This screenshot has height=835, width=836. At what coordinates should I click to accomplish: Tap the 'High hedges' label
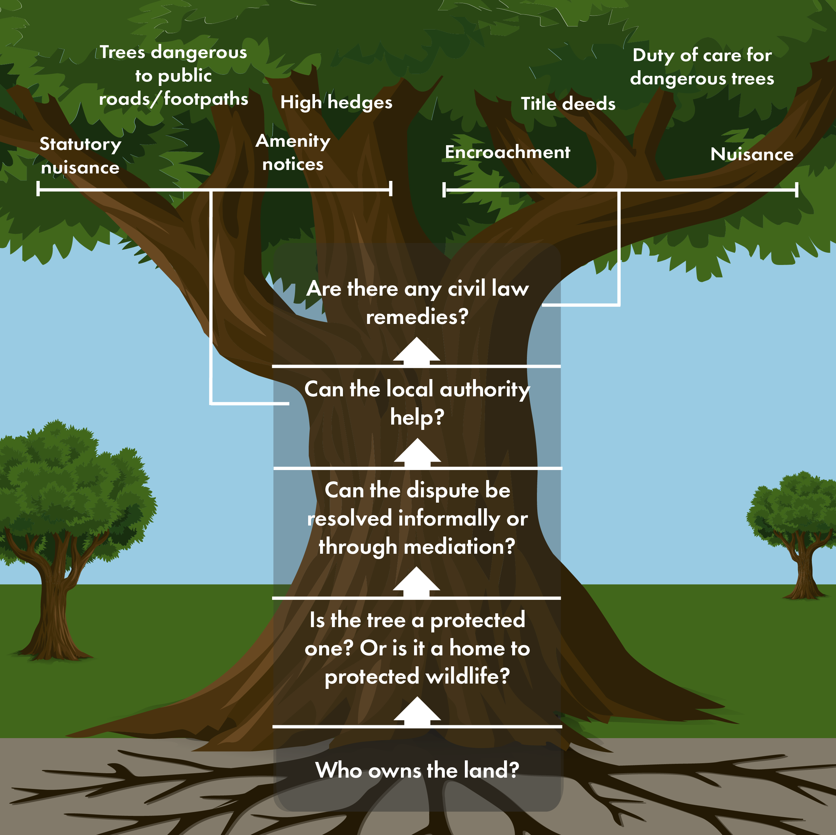[336, 103]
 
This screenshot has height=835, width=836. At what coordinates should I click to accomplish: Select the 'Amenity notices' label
[293, 152]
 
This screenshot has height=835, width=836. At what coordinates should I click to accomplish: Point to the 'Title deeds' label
[568, 104]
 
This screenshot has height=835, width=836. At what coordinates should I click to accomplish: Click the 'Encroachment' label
[507, 152]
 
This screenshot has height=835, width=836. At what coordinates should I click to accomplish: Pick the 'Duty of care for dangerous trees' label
[702, 67]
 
